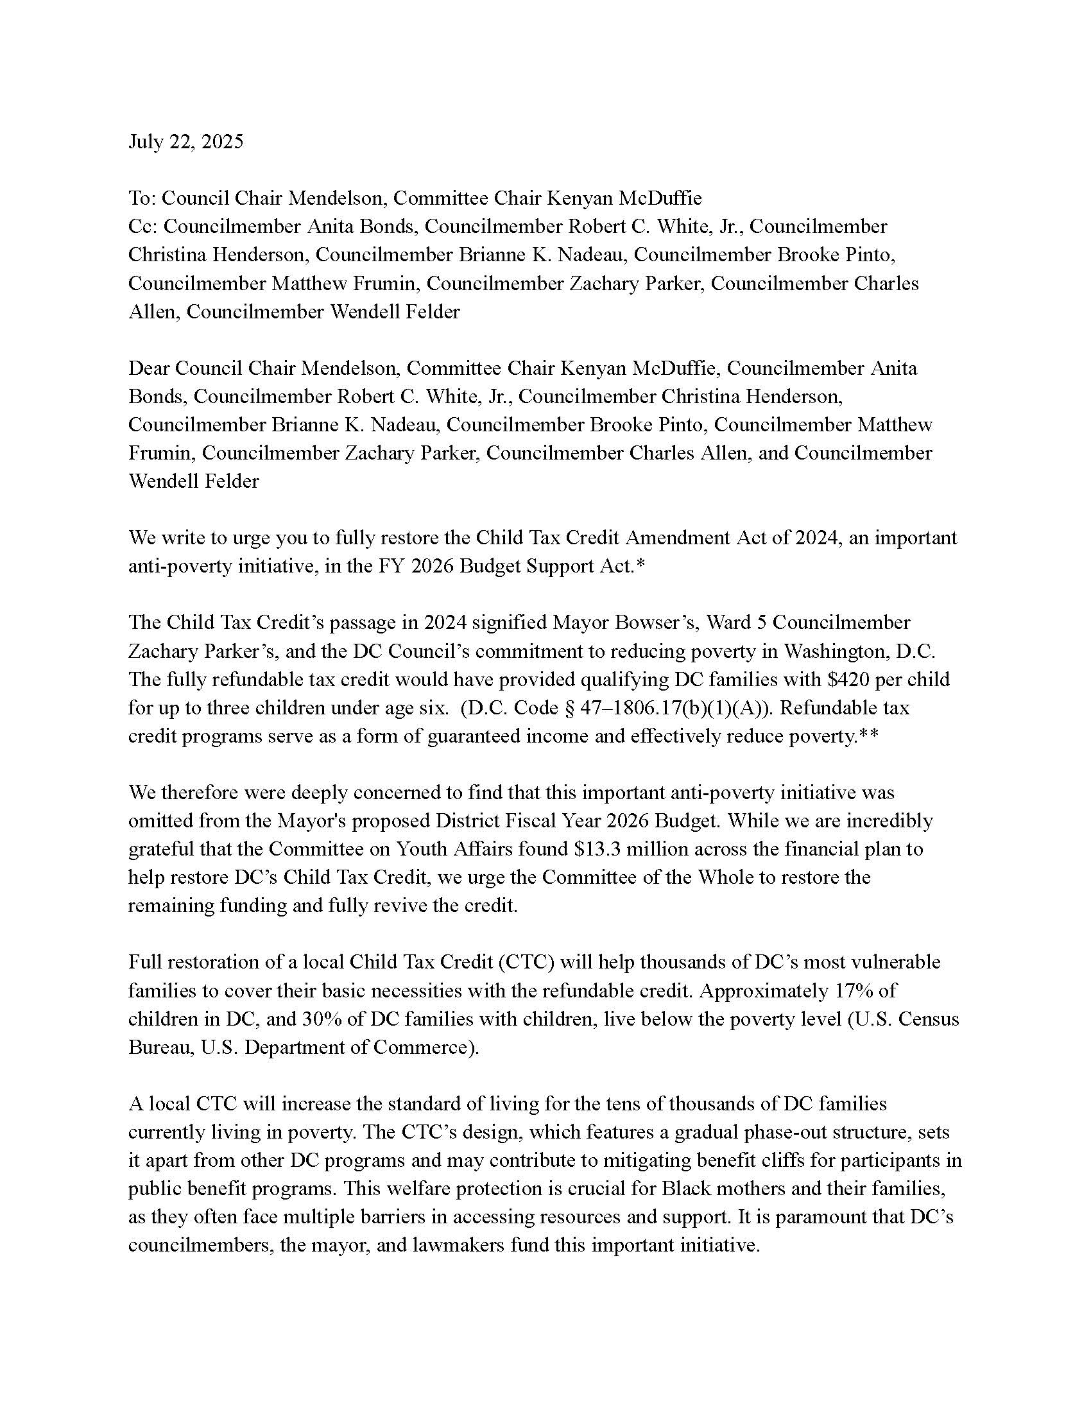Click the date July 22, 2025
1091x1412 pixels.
(185, 142)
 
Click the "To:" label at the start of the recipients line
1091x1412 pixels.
(142, 198)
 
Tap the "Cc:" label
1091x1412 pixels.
(142, 227)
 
